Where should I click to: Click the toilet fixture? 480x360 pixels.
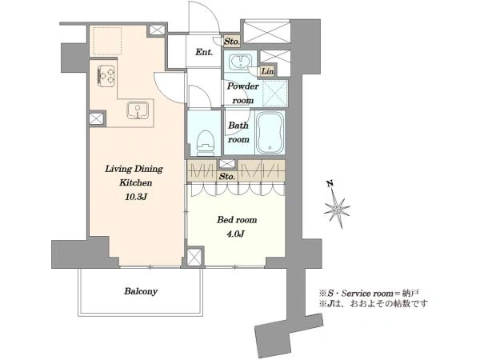click(205, 143)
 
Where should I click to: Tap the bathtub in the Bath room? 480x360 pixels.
click(270, 133)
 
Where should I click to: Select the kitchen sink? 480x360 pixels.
click(138, 110)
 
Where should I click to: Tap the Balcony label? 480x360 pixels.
click(141, 291)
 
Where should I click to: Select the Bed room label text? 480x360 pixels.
click(237, 220)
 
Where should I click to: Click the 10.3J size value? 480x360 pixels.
click(136, 197)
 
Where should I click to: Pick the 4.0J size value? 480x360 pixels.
click(235, 234)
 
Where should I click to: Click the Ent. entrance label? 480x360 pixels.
click(204, 52)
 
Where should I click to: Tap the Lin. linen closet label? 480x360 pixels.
click(268, 71)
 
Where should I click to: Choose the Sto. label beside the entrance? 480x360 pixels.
click(231, 42)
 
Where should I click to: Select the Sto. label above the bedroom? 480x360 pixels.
click(227, 176)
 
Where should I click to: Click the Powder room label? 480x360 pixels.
click(243, 93)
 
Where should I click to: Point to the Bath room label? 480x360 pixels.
click(238, 132)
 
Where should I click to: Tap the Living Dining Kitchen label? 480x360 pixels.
click(134, 176)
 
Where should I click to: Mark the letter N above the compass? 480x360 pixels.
click(330, 184)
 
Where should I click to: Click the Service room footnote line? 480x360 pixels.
click(369, 294)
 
